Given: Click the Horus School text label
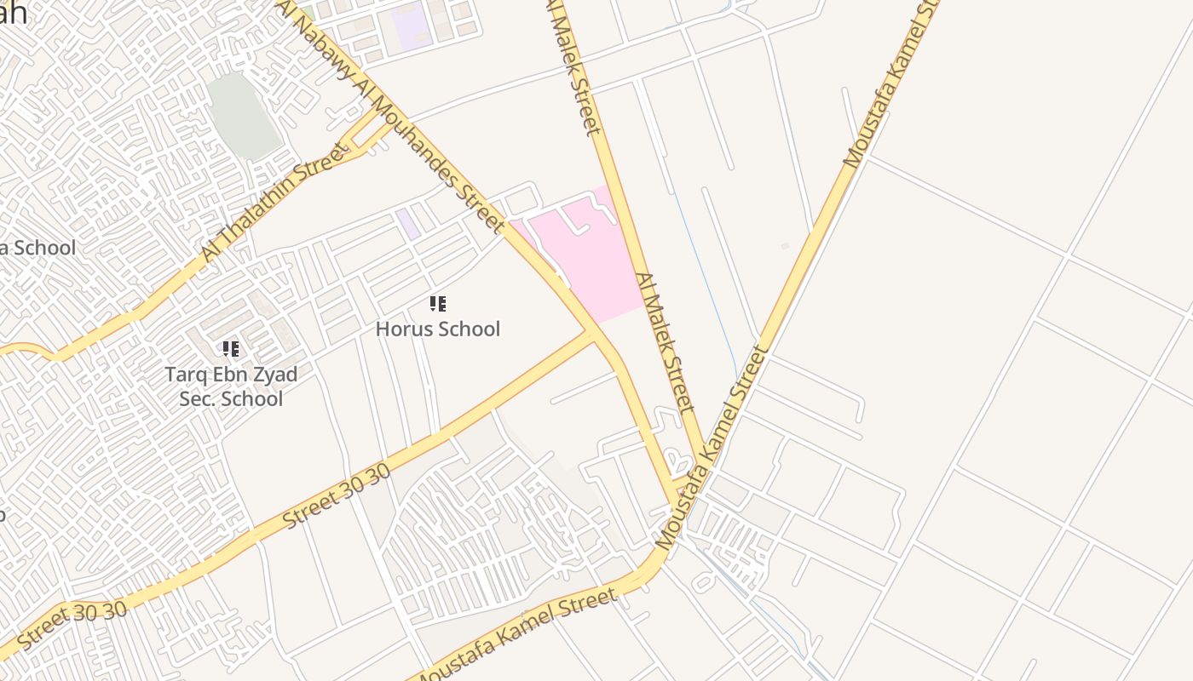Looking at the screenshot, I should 438,329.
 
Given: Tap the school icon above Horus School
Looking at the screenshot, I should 438,304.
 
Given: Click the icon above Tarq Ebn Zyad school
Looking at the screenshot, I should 230,348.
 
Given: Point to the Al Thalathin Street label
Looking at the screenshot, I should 274,203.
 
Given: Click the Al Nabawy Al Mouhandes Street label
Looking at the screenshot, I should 401,119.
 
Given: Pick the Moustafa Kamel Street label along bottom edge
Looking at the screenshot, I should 516,635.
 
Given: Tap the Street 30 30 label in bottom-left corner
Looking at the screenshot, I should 72,626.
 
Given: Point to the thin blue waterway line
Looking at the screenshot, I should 707,272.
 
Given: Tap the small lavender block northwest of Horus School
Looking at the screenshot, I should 407,223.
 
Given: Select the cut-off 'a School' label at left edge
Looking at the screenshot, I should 37,248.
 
